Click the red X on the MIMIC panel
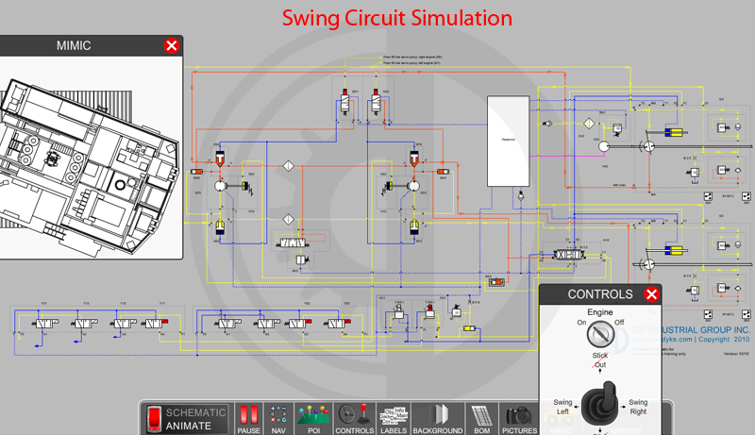171,45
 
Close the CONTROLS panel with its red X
650,294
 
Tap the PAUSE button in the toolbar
249,417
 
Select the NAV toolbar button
278,417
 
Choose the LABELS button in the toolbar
394,417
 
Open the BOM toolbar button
481,417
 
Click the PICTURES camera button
519,417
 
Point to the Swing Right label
638,407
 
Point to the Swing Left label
563,407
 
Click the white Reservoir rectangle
508,141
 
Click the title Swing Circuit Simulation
398,18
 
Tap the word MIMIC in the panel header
73,45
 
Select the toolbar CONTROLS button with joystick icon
355,417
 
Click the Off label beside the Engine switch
619,322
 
